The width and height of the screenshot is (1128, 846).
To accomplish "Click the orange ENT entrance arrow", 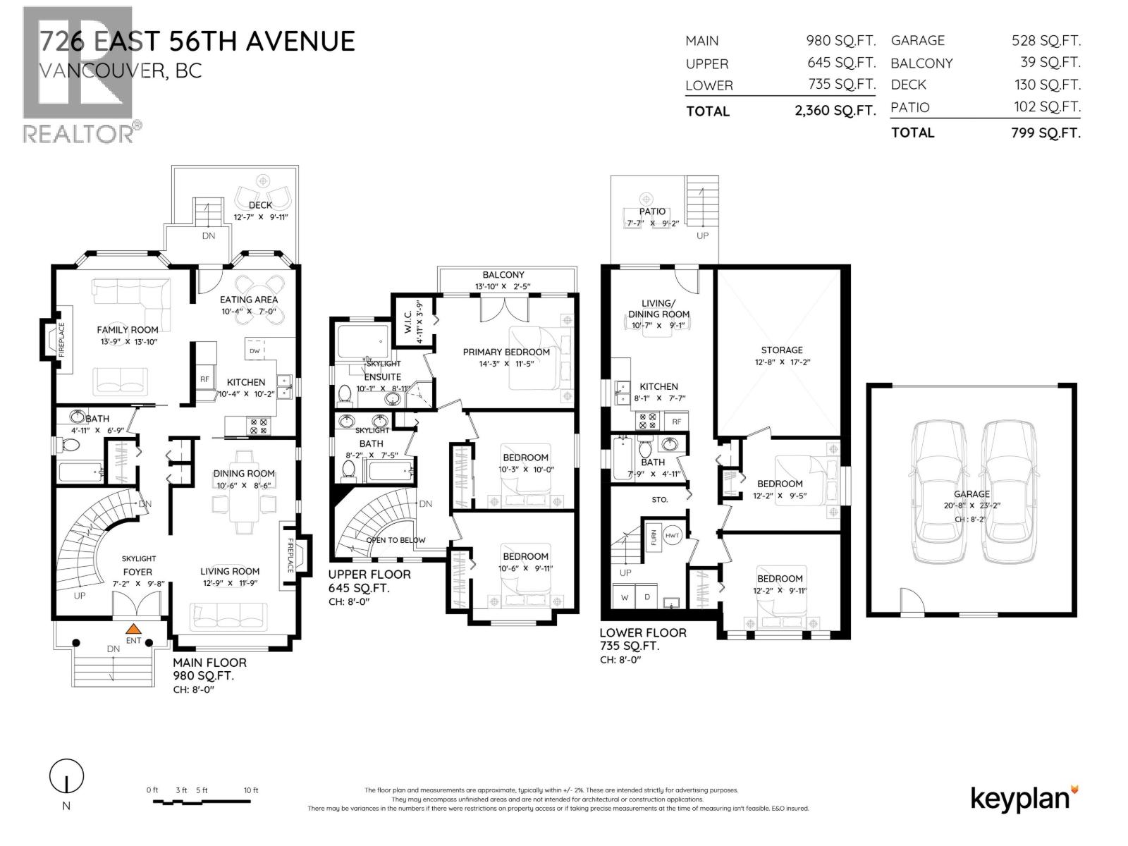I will [x=133, y=629].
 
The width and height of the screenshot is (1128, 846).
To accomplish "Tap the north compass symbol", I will [x=66, y=778].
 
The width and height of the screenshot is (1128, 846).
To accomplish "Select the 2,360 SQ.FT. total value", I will [x=835, y=111].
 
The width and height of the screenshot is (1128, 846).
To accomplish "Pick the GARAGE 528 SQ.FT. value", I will [x=1046, y=41].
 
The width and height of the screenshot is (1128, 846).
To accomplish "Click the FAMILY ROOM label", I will [x=128, y=329].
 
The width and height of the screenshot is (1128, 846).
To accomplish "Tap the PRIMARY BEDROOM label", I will [x=506, y=352].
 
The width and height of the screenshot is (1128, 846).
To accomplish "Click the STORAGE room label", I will [x=781, y=350].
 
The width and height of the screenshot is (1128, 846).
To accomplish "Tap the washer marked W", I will [x=625, y=597].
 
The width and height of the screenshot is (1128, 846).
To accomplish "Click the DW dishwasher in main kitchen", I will [x=255, y=350].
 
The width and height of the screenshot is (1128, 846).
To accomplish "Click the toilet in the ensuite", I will [x=345, y=395].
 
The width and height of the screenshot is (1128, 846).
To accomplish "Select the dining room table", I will [x=244, y=503].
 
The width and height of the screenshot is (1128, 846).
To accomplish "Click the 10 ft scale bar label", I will [x=251, y=790].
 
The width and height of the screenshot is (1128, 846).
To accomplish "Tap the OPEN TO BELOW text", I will [x=396, y=540].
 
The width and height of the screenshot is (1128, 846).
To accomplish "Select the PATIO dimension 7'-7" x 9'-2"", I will [x=652, y=223].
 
